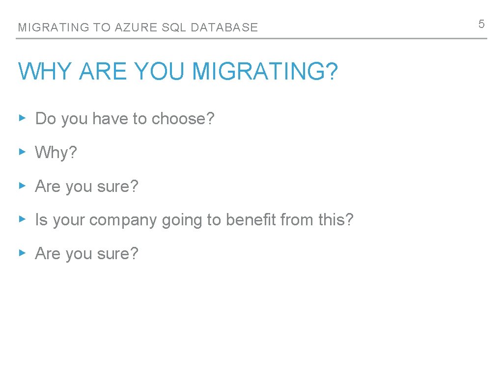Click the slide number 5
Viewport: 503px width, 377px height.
[481, 24]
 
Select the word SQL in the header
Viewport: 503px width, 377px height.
[174, 27]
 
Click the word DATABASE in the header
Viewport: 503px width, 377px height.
[224, 27]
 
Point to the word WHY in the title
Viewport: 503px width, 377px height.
[46, 71]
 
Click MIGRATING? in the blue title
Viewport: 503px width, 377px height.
[265, 71]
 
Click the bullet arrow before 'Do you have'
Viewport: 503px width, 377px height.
[22, 118]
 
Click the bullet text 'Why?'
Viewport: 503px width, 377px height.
[56, 153]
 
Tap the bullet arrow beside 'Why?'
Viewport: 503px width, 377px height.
[22, 152]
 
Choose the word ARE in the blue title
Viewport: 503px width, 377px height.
[102, 71]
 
